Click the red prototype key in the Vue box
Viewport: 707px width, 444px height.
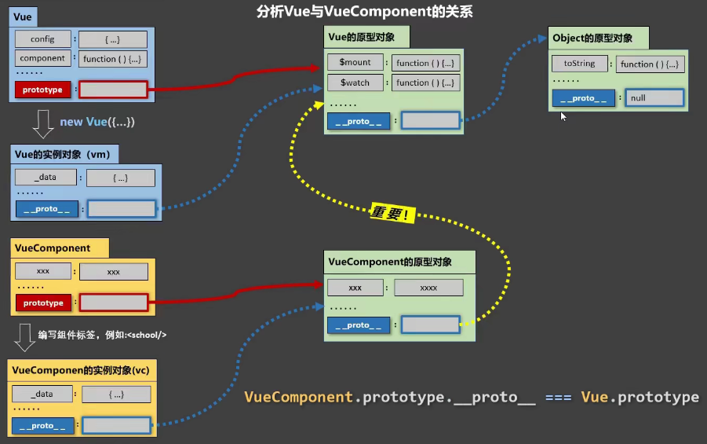[42, 90]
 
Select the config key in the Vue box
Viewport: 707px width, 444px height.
[42, 39]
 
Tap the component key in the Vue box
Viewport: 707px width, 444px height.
[42, 58]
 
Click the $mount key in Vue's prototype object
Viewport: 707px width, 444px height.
[355, 63]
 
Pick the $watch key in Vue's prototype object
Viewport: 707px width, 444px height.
[355, 83]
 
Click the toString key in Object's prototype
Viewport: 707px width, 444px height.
[580, 64]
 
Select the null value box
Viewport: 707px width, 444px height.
[654, 98]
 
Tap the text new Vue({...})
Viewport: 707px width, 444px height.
[97, 122]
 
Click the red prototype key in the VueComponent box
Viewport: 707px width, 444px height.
[43, 303]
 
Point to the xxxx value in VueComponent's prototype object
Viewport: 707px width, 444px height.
[428, 288]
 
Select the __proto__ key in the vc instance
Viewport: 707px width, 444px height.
[43, 426]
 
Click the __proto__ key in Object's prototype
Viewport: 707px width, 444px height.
[583, 98]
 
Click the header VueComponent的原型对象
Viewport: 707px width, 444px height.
[389, 261]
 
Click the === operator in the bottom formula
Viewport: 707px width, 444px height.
[558, 398]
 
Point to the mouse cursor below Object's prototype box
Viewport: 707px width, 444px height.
[563, 116]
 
